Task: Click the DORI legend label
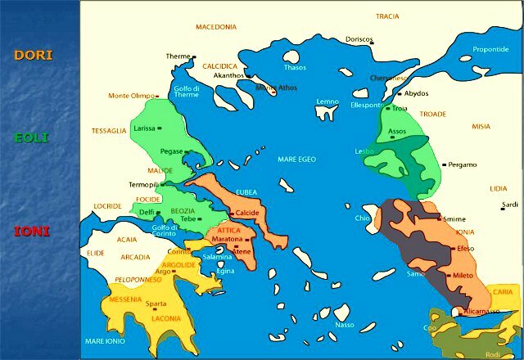34,56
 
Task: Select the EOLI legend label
31,137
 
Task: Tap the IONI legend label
32,232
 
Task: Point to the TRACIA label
387,16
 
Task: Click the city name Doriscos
359,39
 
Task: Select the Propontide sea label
490,49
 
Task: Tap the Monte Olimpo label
131,96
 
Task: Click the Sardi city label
509,205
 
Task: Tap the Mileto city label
463,276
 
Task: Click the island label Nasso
345,325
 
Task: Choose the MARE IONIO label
105,341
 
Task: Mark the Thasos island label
294,67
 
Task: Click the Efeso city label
465,248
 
